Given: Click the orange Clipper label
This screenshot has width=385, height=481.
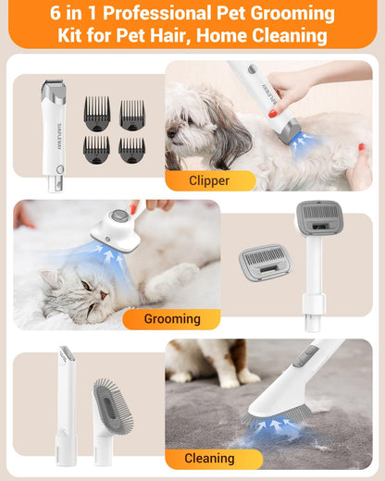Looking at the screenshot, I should pos(208,180).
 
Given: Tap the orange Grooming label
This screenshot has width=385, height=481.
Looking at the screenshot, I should pos(171,319).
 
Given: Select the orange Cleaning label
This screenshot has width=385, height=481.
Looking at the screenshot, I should pos(209,458).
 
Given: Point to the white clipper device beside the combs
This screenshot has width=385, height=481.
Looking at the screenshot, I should pos(54,134).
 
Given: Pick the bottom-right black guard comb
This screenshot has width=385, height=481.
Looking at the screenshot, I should pos(131,149).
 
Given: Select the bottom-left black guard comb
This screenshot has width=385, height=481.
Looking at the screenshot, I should pos(97,149).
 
